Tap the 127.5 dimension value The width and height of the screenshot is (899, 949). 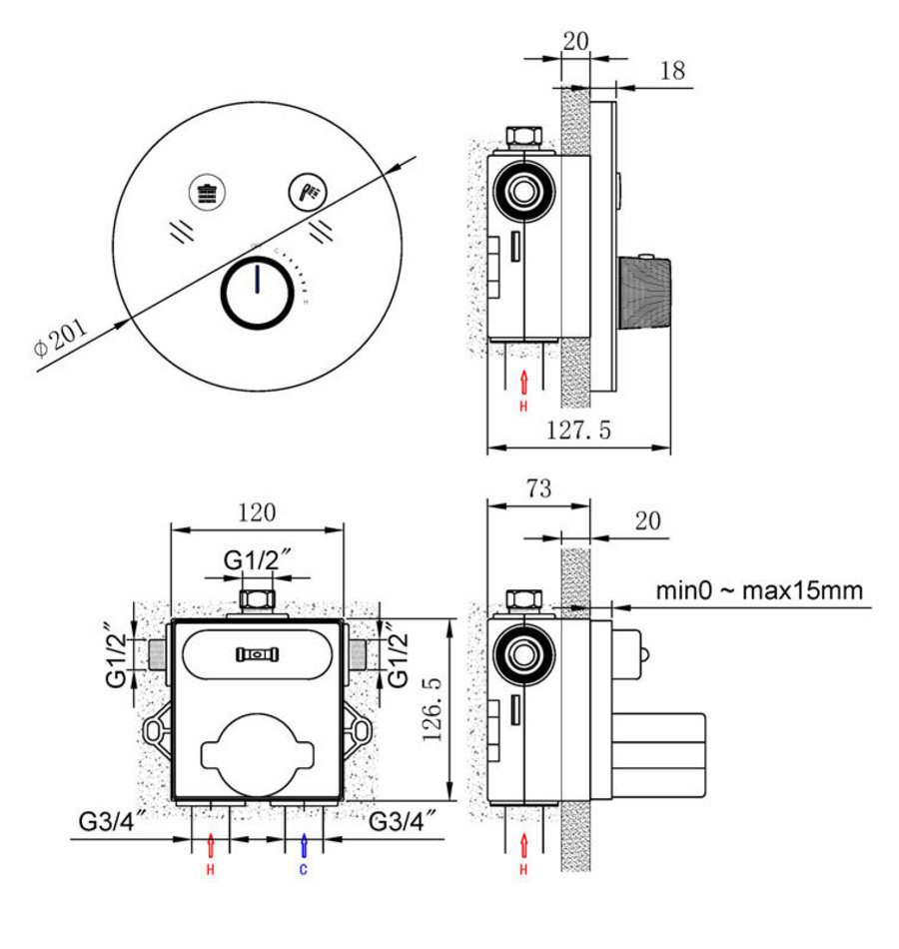[578, 431]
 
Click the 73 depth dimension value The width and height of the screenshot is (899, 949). [538, 489]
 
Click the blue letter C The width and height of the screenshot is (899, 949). [304, 870]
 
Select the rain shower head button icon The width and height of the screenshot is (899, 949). [208, 191]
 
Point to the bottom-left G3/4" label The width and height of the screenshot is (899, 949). [113, 823]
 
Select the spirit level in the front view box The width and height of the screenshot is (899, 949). [258, 654]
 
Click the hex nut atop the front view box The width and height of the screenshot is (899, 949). [258, 599]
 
